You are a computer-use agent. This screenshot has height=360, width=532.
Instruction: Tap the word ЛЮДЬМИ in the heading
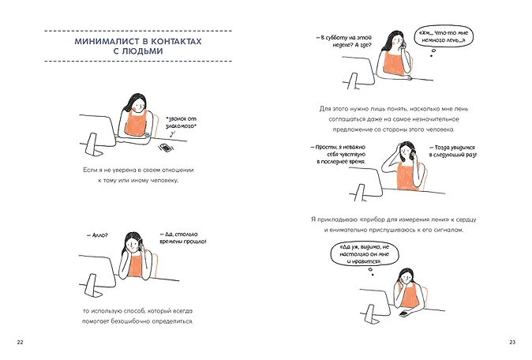[x=142, y=51]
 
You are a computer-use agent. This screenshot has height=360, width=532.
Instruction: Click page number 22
[x=20, y=342]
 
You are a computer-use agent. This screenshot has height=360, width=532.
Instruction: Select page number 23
[x=512, y=342]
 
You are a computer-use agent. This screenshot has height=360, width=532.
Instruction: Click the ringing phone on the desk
[x=165, y=148]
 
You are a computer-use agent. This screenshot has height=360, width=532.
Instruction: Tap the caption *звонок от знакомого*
[x=182, y=122]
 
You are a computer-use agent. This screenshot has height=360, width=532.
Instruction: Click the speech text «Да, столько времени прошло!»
[x=183, y=238]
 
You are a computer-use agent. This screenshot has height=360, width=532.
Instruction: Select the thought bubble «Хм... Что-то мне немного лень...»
[x=444, y=36]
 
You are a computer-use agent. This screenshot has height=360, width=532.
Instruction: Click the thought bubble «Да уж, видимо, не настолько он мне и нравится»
[x=365, y=254]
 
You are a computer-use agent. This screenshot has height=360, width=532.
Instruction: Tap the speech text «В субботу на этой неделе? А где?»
[x=344, y=41]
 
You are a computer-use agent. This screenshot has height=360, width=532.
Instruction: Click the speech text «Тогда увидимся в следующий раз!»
[x=453, y=152]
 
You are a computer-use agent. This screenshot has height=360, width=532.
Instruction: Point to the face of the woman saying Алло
[x=132, y=244]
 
